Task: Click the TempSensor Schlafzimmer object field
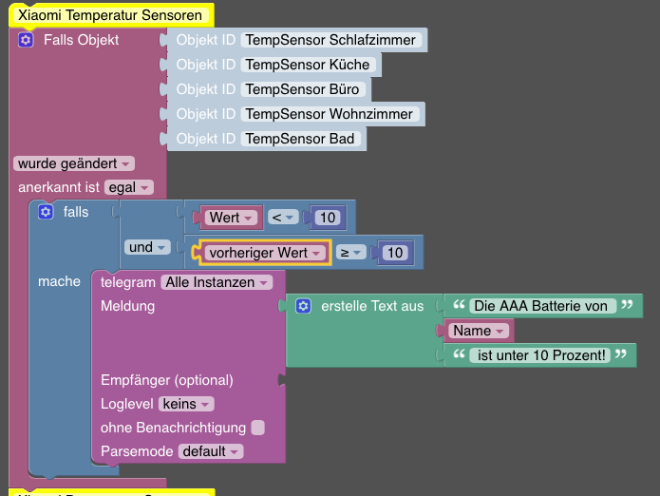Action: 331,40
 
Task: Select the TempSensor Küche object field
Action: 308,65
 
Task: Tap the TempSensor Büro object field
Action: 303,89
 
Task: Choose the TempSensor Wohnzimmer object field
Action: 330,114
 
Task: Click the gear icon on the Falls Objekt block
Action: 26,40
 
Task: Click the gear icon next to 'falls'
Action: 46,212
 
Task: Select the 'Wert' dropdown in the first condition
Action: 232,218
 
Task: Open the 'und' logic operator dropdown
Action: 146,247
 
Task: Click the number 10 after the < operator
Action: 328,218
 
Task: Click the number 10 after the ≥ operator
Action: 395,253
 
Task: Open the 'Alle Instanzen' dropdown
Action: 217,282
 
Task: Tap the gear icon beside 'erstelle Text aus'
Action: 303,306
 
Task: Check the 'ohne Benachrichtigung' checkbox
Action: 258,428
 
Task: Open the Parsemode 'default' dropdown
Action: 211,452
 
